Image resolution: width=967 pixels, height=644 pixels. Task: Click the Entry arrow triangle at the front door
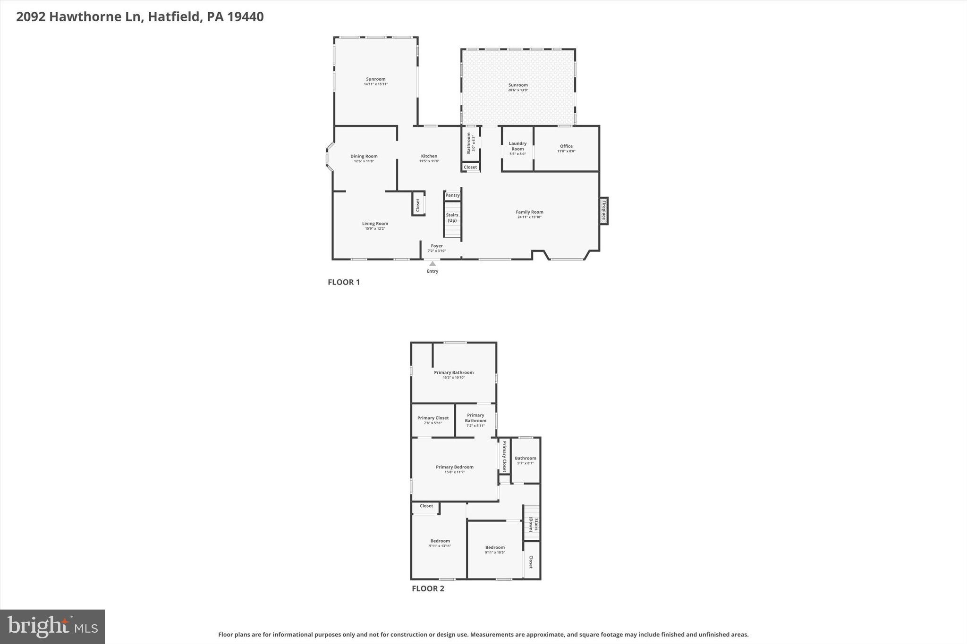[433, 264]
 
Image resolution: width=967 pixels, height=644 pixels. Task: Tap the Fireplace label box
[603, 211]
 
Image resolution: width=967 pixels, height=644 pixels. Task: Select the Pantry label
[452, 195]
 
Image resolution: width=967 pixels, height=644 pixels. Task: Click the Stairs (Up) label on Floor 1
[452, 217]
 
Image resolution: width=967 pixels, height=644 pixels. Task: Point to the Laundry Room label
[517, 146]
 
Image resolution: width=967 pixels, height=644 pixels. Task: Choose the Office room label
[566, 146]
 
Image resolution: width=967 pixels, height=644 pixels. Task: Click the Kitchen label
[429, 156]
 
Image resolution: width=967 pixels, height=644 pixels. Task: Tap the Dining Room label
[364, 156]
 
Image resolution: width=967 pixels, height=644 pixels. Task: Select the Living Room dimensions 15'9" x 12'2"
[375, 229]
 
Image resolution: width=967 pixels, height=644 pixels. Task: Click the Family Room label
[529, 212]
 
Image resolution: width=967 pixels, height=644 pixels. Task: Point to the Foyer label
[437, 246]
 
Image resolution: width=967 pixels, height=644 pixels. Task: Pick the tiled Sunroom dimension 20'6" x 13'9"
[518, 90]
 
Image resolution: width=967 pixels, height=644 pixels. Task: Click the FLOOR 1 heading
[344, 282]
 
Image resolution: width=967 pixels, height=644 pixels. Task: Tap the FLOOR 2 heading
[428, 588]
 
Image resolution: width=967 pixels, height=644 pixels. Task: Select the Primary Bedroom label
[454, 467]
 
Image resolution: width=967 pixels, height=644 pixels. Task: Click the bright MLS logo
[52, 627]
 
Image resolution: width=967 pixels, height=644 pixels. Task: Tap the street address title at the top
[140, 17]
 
